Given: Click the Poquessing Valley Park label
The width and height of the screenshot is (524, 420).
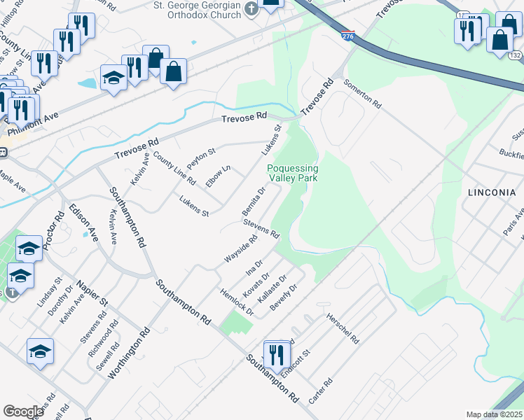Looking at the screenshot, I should point(292,173).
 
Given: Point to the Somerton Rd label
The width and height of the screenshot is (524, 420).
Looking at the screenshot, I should point(363,93).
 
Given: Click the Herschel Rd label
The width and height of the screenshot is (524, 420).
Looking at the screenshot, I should point(343,328).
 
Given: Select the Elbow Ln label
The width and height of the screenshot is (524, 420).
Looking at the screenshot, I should point(218,176).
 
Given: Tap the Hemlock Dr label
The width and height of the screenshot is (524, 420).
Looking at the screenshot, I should point(236,300).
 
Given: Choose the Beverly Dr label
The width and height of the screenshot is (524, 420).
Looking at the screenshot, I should point(287,296).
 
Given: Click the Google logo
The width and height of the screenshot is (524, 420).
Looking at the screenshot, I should point(23,412).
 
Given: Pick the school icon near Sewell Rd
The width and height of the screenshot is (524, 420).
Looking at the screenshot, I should point(41,351).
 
